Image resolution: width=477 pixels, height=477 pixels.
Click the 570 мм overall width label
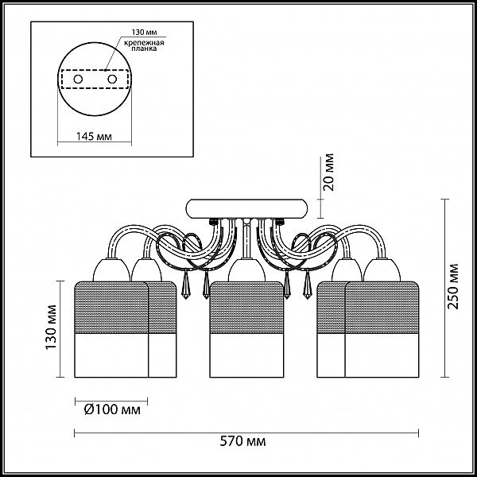[x=242, y=440]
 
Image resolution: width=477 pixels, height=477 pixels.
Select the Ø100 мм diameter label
[x=112, y=409]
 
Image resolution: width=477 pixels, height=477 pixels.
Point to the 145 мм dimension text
[x=94, y=137]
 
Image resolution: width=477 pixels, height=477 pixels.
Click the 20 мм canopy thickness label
[x=328, y=173]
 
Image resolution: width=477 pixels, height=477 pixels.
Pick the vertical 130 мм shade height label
[x=51, y=327]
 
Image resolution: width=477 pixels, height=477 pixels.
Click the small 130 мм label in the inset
[x=144, y=33]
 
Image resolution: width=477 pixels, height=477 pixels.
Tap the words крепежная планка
[x=144, y=45]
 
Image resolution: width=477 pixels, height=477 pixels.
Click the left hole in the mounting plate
[x=78, y=79]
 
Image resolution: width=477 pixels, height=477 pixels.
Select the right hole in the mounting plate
[x=112, y=79]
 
